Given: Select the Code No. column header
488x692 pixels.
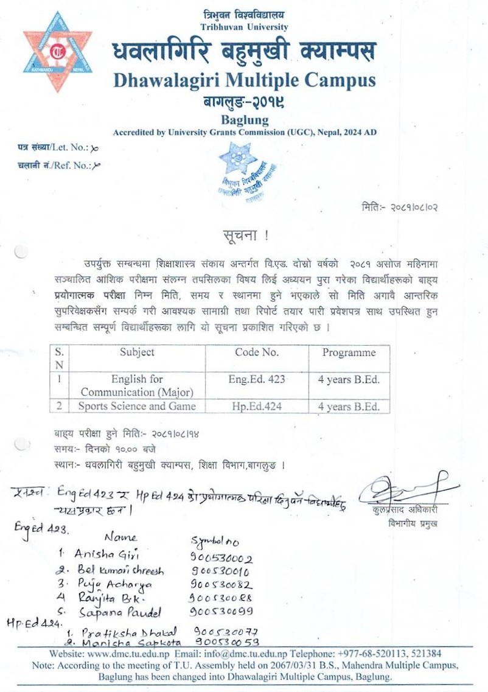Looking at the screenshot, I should pos(257,352).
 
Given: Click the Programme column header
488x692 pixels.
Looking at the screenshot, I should pos(349,352).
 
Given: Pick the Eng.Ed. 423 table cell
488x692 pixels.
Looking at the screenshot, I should pos(257,379).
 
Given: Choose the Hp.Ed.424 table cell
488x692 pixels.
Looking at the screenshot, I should pos(257,406).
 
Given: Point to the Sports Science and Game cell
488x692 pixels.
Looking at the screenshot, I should pos(137,406).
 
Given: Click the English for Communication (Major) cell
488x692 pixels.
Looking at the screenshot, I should pos(137,385).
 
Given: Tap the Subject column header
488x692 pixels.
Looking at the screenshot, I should pos(137,352).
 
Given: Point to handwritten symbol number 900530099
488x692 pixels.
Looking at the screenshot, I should pos(221,611).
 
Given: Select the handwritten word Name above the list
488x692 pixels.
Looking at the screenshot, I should pos(121,537).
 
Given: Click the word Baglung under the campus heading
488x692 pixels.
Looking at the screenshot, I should pos(244,121).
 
